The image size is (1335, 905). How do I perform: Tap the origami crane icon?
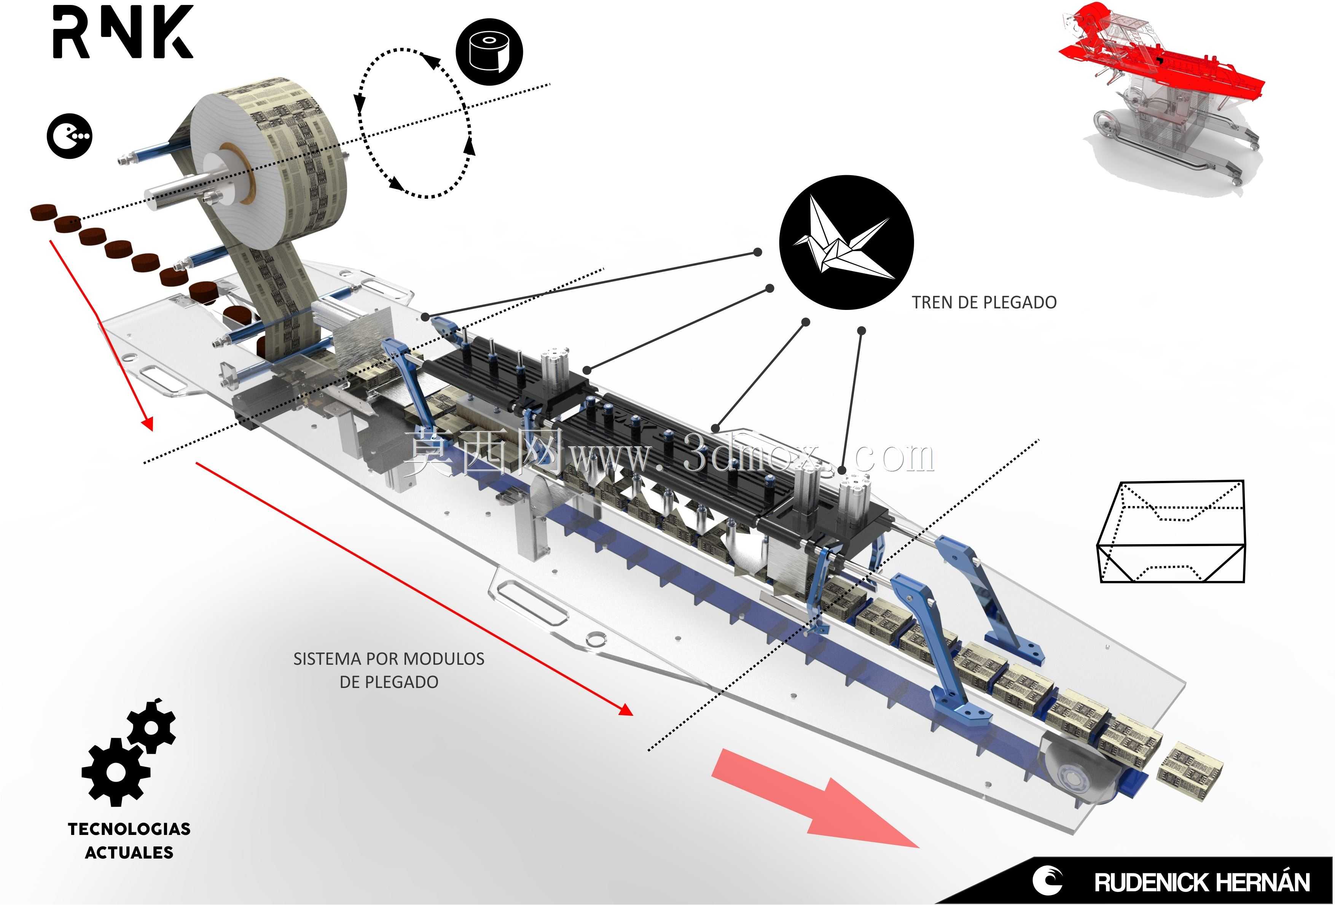pos(845,242)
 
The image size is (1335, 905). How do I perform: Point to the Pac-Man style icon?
pos(69,136)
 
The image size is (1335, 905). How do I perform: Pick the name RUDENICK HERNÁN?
pos(1202,883)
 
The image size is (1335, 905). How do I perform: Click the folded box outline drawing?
pos(1171,532)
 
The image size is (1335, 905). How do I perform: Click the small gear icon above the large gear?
pos(151,726)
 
